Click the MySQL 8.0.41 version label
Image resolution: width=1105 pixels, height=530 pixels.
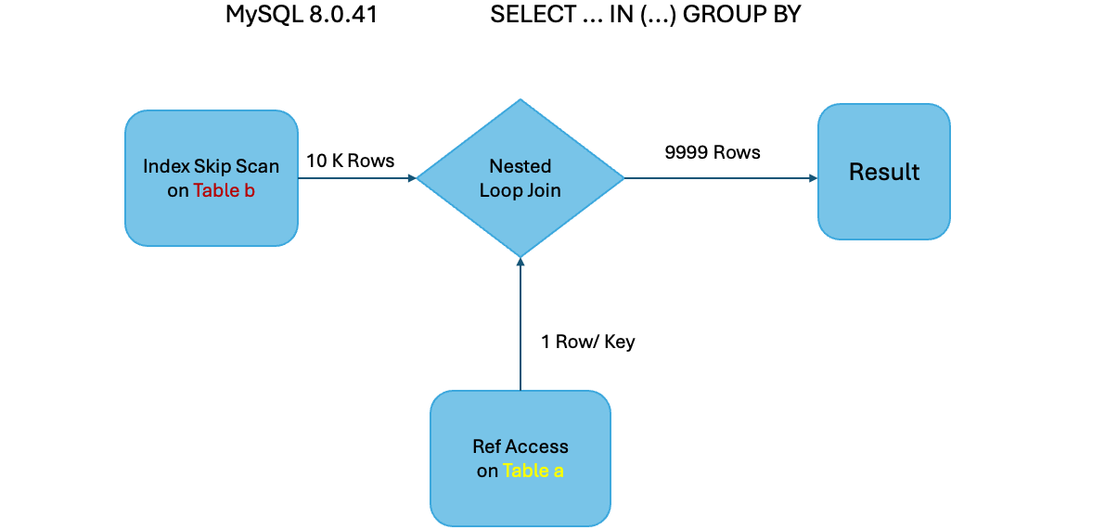tap(302, 16)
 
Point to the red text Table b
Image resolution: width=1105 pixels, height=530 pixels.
tap(224, 190)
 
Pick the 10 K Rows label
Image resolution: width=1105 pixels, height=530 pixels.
tap(350, 161)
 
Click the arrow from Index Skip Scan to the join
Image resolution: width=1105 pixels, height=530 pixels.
tap(357, 178)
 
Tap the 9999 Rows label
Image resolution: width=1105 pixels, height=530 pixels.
tap(713, 152)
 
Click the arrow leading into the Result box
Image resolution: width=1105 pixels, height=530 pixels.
tap(719, 178)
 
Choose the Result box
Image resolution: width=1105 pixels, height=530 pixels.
tap(883, 172)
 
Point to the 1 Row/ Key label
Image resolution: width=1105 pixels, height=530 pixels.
tap(588, 342)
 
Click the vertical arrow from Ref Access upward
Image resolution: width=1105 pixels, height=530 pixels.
tap(520, 325)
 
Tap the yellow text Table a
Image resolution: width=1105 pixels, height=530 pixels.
tap(533, 471)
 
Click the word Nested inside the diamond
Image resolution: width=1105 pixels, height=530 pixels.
tap(520, 166)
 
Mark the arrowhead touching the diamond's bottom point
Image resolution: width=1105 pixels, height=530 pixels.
tap(520, 264)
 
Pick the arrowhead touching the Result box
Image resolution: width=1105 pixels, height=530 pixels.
tap(811, 178)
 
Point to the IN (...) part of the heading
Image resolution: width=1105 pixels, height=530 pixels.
tap(625, 16)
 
